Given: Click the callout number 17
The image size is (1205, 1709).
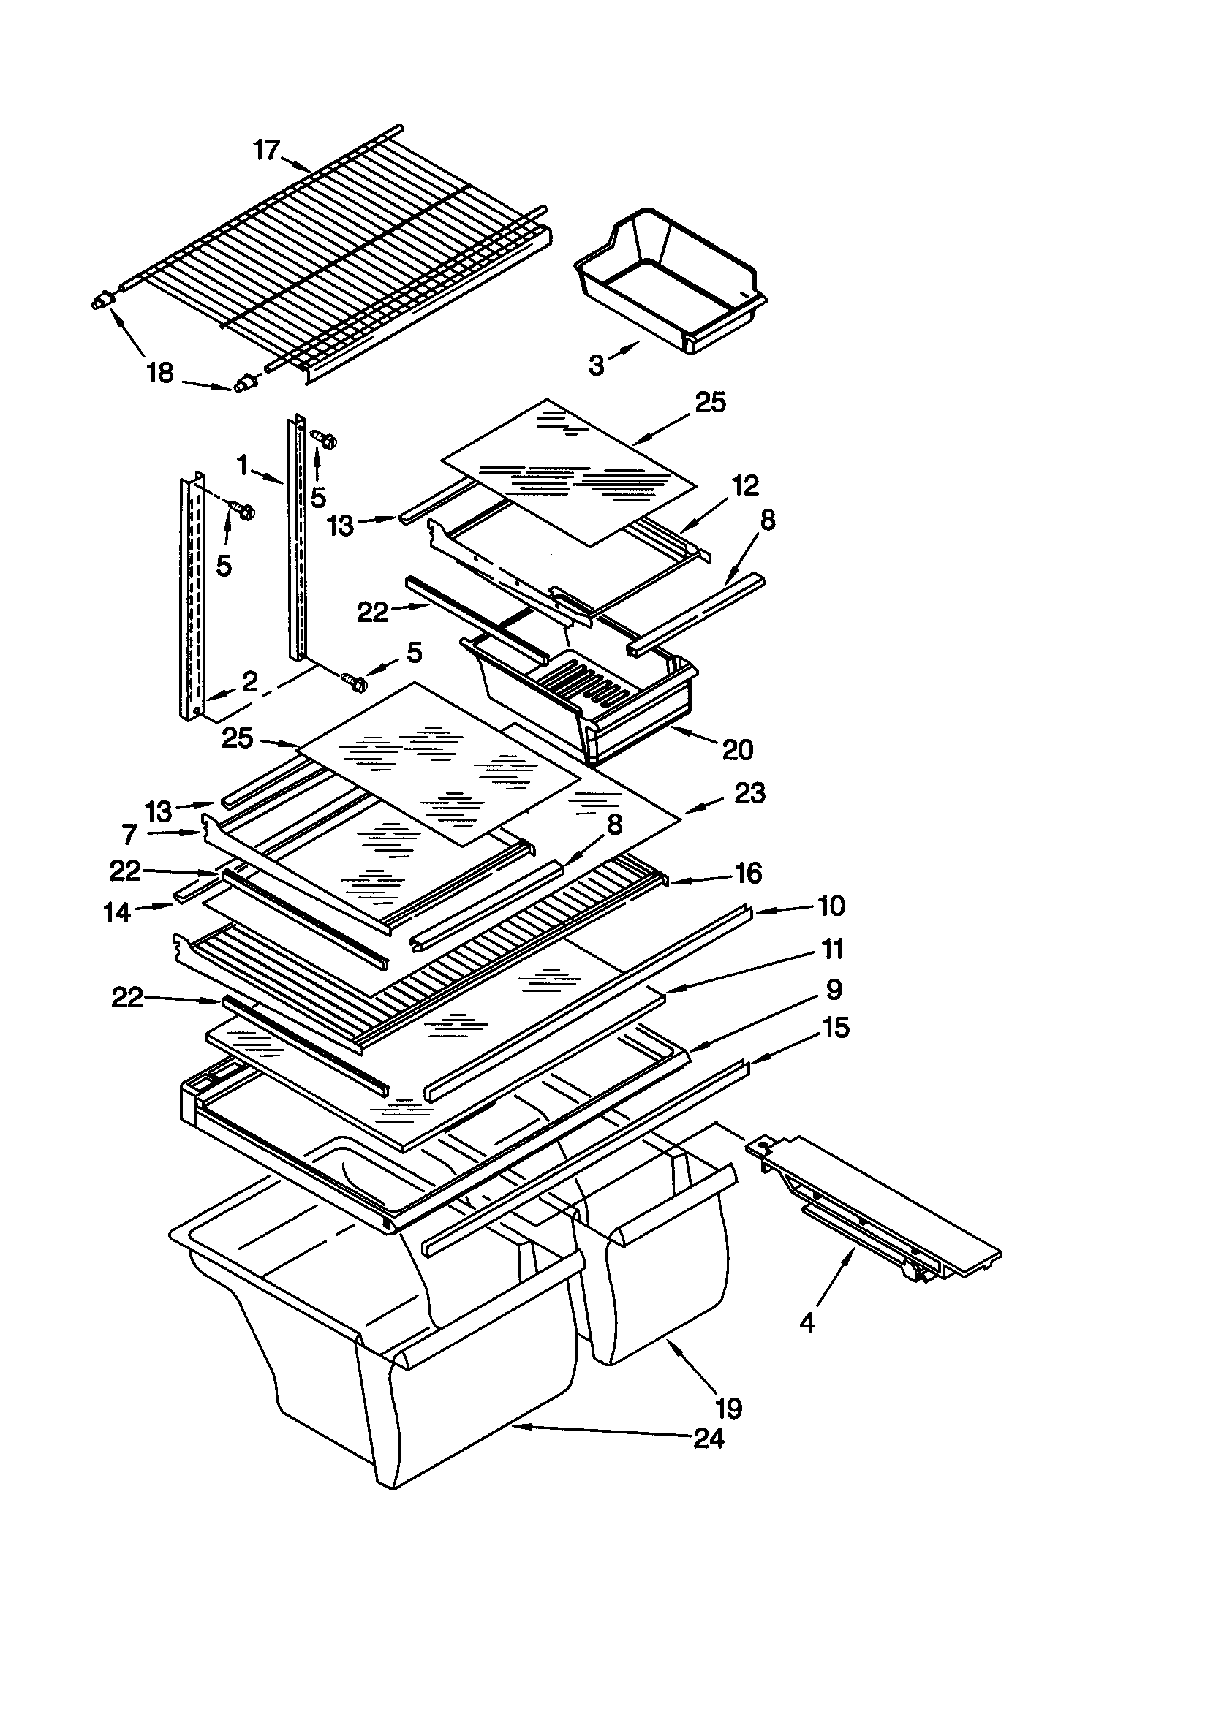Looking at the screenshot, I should [266, 151].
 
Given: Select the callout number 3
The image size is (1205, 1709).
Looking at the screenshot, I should [596, 365].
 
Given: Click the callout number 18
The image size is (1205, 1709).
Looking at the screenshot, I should [160, 372].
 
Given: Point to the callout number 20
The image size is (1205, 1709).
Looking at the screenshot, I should [737, 749].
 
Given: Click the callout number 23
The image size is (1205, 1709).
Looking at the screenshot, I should [749, 794].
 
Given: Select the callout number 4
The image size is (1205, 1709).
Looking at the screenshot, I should [808, 1323].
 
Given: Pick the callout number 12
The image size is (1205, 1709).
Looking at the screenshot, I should [745, 485].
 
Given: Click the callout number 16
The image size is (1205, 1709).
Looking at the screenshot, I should [748, 873].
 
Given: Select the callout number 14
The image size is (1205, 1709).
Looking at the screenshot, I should [118, 912].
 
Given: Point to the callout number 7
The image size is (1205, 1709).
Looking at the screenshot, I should [129, 835].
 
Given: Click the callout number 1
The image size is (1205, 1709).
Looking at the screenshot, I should [242, 465].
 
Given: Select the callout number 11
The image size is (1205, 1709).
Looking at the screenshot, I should [832, 949].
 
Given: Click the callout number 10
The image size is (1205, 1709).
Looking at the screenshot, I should [831, 906].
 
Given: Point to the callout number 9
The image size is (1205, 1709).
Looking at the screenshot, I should [834, 989].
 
